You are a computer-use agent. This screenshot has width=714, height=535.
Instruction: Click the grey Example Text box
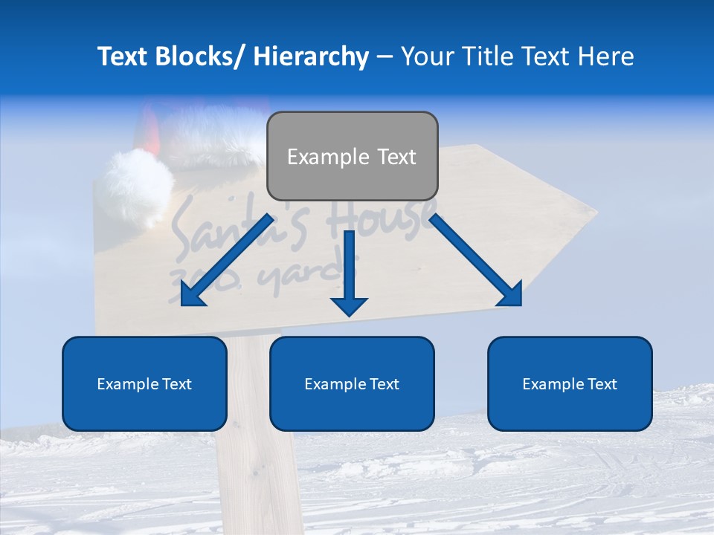point(352,156)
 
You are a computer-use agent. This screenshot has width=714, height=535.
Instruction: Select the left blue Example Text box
point(144,383)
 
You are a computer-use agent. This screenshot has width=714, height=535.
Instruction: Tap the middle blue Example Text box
point(352,383)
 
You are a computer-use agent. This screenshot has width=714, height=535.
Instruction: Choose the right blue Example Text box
point(570,383)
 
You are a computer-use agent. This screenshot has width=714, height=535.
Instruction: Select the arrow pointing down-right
point(476,260)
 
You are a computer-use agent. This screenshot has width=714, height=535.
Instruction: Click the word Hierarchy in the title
point(311,56)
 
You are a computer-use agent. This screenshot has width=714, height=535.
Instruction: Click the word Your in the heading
point(425,56)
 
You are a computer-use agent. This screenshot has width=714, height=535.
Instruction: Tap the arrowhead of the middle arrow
point(349,305)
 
